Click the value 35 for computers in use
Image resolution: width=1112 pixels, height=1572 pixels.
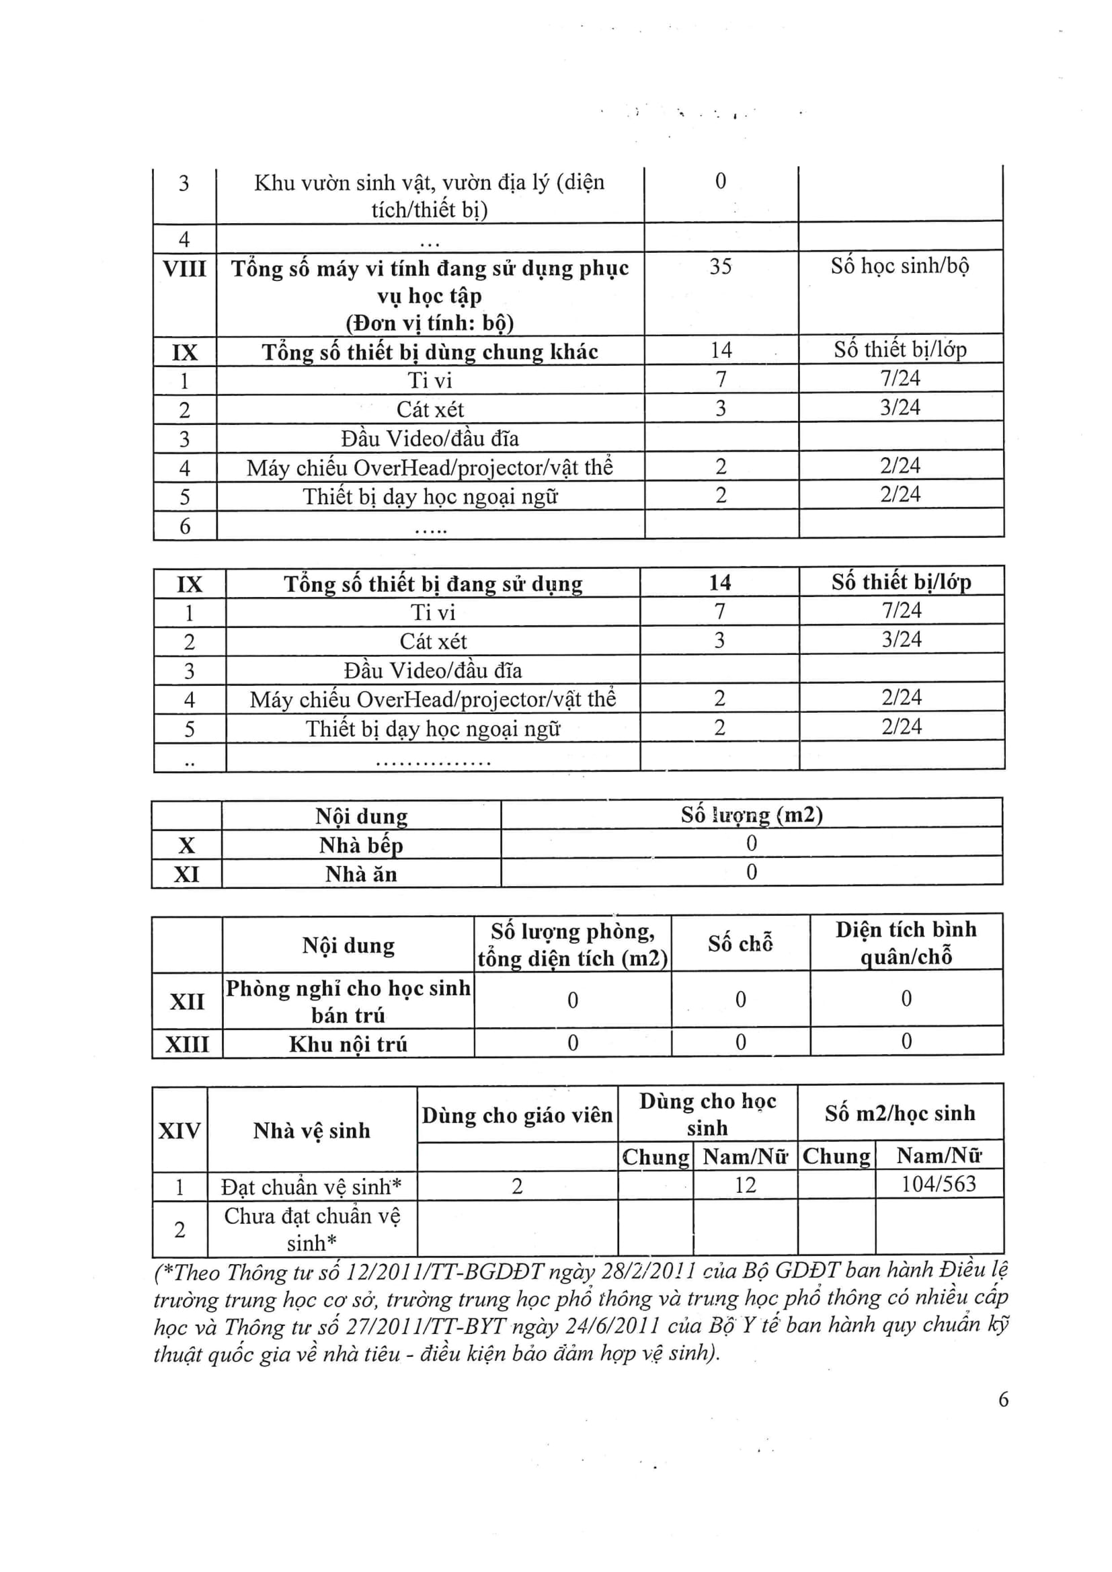720,266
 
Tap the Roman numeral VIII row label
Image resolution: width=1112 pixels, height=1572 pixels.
184,268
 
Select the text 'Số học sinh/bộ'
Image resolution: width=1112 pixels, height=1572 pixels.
900,266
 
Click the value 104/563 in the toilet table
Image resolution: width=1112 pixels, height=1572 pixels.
938,1184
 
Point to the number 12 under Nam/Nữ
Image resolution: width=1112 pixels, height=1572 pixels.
745,1185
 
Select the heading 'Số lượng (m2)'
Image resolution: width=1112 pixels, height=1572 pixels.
751,815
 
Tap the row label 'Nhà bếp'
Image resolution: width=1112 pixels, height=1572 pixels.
361,845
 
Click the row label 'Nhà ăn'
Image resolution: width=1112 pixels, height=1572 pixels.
361,874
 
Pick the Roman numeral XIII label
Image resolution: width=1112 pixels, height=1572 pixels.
186,1044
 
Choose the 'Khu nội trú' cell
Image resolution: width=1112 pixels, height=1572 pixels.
348,1044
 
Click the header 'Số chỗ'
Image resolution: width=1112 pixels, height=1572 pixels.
740,944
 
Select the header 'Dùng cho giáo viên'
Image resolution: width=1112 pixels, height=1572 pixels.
517,1116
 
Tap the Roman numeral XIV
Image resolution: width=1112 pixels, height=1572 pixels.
180,1130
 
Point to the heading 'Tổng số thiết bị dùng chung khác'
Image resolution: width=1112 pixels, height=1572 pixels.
430,352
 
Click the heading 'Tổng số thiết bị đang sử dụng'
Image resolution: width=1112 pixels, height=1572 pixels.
433,584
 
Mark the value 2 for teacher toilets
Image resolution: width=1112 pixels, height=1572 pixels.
517,1186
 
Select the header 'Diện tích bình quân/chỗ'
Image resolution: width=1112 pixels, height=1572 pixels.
906,943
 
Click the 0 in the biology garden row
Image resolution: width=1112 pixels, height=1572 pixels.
720,182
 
